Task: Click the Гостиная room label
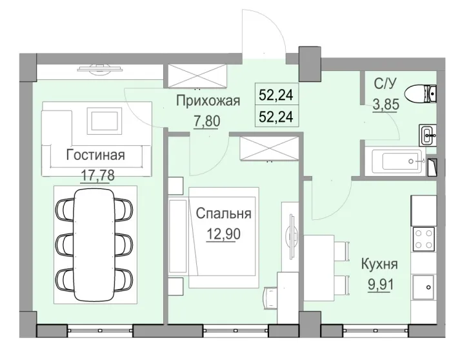click(x=95, y=155)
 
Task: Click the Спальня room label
click(x=224, y=213)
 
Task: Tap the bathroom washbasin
click(x=428, y=134)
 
